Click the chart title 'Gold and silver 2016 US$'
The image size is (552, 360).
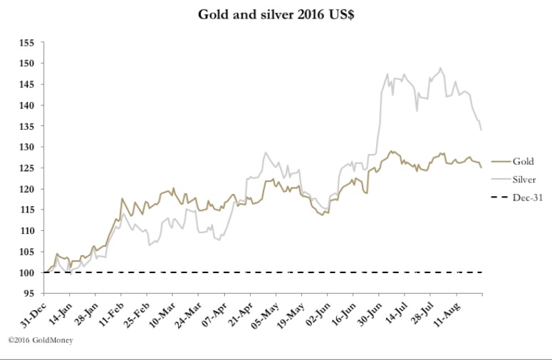[276, 15]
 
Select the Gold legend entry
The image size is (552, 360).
[522, 162]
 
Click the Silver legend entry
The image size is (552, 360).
[524, 180]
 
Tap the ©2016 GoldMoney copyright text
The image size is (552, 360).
[41, 340]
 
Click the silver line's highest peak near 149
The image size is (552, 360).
[441, 68]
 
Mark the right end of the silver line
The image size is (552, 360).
[481, 130]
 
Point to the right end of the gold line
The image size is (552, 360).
[481, 168]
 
